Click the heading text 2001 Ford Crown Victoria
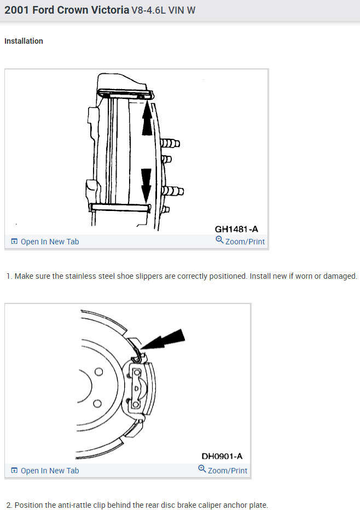(x=67, y=10)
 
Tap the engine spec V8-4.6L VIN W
(x=163, y=11)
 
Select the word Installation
(x=24, y=41)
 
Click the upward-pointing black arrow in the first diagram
(x=147, y=119)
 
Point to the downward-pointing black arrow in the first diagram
(x=146, y=184)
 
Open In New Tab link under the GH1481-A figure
(x=49, y=242)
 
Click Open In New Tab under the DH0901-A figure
(x=49, y=471)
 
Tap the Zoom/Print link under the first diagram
(x=245, y=242)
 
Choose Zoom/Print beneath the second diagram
(x=227, y=471)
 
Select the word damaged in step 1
(x=340, y=276)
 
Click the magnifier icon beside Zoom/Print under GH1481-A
(x=219, y=241)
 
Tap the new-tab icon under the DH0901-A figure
(x=14, y=471)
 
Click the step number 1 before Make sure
(x=9, y=276)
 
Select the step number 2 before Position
(x=9, y=505)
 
